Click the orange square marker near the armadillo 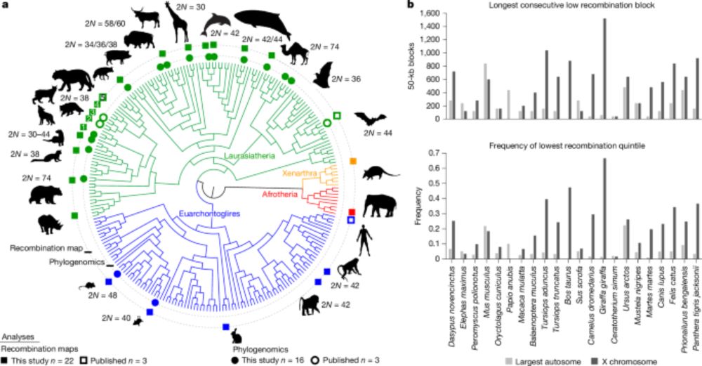[353, 162]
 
